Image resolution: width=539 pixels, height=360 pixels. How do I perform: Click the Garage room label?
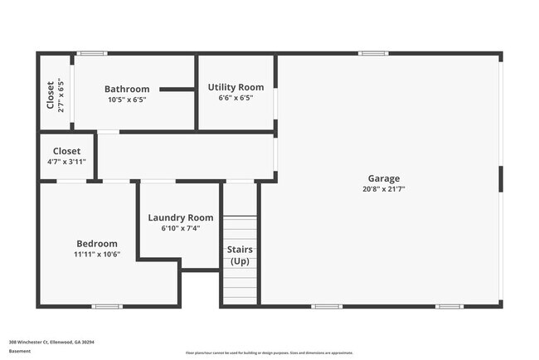coord(384,178)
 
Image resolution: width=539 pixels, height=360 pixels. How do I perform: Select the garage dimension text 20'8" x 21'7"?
coord(384,189)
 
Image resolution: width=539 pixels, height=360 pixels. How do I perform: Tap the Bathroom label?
coord(127,89)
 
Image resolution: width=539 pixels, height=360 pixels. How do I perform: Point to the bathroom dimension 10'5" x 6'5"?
coord(127,100)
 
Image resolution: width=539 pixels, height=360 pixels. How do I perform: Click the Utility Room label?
coord(236,87)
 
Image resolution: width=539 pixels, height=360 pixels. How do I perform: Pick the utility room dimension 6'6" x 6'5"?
coord(236,98)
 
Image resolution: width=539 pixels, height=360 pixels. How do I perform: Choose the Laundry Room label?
coord(181,217)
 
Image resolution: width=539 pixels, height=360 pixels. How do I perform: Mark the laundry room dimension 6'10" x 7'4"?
coord(181,228)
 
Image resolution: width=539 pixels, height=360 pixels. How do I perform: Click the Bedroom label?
coord(97,243)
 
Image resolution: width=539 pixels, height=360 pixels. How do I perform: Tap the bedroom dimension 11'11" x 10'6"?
coord(97,254)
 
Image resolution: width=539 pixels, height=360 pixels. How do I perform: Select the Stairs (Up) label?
coord(240,255)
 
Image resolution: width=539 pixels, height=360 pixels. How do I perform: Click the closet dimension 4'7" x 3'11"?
coord(66,162)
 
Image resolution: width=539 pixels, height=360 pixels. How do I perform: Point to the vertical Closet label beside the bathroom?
coord(51,95)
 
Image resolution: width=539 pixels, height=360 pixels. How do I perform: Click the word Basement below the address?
coord(20,351)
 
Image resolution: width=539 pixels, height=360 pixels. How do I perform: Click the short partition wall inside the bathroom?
coord(176,89)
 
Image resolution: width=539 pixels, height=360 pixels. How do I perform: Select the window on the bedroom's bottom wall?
coord(105,307)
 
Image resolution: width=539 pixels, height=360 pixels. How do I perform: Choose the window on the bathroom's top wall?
coord(91,54)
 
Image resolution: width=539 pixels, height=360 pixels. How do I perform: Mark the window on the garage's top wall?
coord(373,54)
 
